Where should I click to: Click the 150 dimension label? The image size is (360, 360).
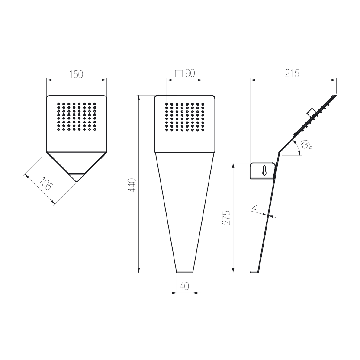click(76, 74)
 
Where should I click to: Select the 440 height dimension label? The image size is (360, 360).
click(133, 185)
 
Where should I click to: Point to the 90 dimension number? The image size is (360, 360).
click(190, 73)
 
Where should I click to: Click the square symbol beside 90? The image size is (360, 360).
click(179, 74)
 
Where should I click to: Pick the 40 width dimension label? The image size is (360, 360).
click(184, 286)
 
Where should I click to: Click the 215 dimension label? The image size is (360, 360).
click(292, 74)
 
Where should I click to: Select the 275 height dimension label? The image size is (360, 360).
click(226, 217)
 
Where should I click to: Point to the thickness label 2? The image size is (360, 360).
click(254, 206)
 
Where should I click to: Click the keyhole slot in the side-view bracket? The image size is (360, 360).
click(264, 170)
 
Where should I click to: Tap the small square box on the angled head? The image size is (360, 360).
click(312, 112)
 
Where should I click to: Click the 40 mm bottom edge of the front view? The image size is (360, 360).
click(184, 272)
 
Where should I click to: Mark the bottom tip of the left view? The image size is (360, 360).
click(77, 182)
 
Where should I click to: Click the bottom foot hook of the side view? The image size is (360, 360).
click(254, 272)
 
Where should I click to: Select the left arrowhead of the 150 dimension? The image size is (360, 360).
click(49, 80)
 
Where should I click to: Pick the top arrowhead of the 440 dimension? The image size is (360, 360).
click(138, 98)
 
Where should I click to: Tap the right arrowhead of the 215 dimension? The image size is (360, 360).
click(334, 80)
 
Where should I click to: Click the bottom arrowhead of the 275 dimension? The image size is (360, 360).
click(233, 270)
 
